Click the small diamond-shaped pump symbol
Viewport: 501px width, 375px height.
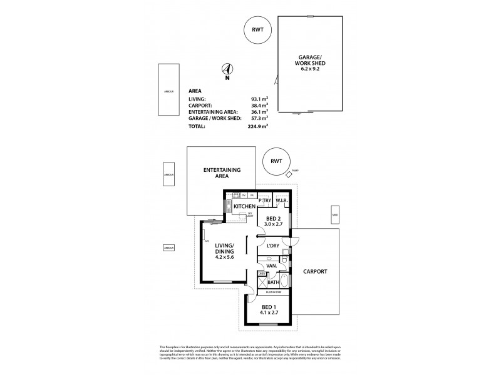click(288, 175)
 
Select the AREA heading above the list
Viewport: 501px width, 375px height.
click(195, 91)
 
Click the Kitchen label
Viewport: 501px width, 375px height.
click(245, 206)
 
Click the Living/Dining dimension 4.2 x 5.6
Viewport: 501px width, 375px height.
click(224, 255)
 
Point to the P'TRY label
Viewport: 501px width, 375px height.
click(264, 201)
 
